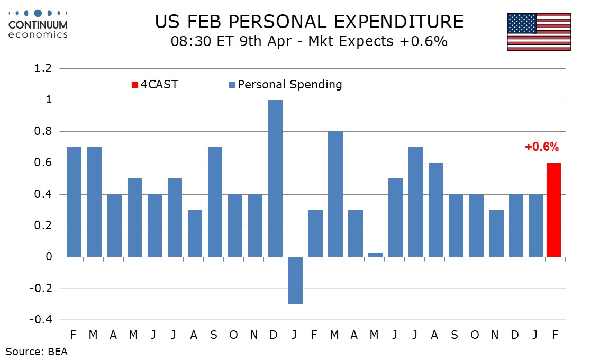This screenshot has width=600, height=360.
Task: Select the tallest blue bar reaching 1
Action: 276,178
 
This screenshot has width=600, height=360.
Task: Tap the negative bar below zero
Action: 296,281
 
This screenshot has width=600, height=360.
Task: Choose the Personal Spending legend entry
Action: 285,84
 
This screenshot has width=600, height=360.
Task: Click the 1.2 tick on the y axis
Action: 43,69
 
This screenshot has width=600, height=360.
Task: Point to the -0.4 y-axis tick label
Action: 41,320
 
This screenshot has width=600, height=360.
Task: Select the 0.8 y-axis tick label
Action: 43,132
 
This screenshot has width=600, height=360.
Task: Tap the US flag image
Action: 539,32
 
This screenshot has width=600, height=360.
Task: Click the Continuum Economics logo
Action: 38,24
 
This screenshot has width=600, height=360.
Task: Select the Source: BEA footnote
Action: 37,350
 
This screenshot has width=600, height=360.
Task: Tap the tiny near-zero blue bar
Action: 376,255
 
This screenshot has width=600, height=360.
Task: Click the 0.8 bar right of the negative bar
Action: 336,194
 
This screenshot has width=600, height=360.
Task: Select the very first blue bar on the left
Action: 75,202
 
